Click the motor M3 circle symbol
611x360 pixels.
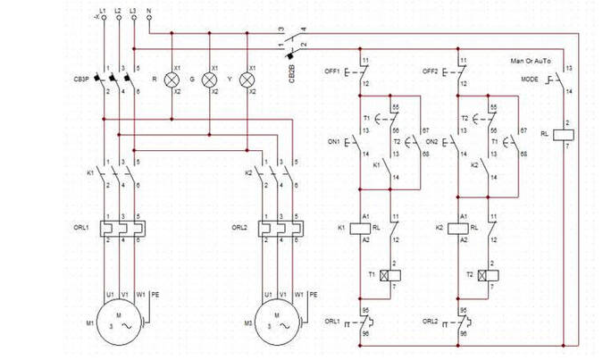click(277, 321)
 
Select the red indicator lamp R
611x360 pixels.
click(172, 80)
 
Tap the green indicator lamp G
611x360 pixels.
click(210, 80)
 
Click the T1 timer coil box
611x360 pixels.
click(389, 274)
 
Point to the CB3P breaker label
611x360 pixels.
click(81, 79)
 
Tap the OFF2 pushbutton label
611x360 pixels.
click(431, 71)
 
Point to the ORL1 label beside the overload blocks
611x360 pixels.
click(81, 228)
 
